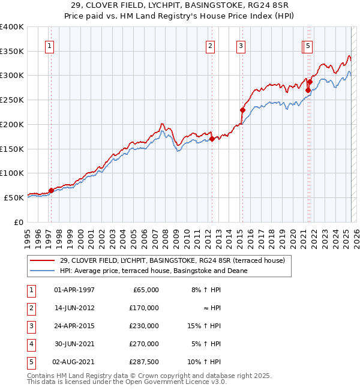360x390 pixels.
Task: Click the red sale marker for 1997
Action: [x=51, y=191]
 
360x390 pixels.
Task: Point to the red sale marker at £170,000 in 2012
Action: [x=212, y=139]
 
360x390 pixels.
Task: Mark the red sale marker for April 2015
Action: [x=242, y=110]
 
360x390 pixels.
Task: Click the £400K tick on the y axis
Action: [x=12, y=27]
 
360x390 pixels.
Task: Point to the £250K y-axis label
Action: [x=12, y=100]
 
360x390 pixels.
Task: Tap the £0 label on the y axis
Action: [x=19, y=222]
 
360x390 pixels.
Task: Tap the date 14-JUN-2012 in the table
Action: [x=74, y=308]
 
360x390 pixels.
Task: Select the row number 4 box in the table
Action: [x=30, y=344]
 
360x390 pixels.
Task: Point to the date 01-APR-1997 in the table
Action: [x=74, y=290]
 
